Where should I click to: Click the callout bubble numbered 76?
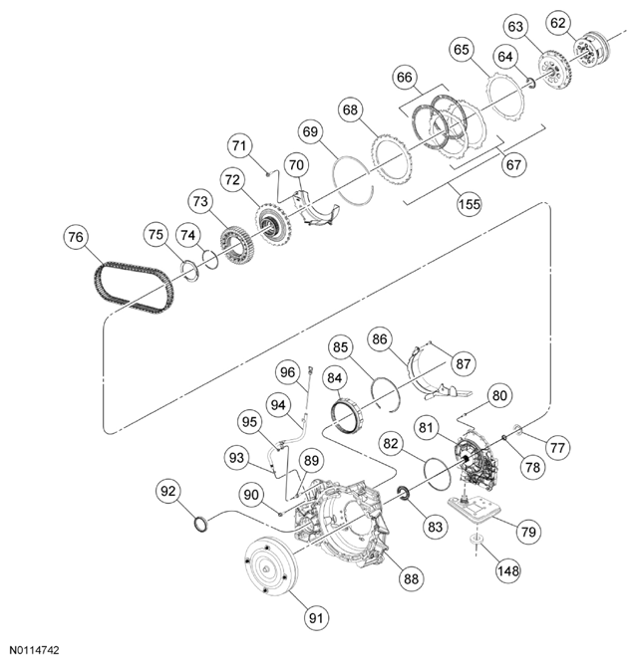point(77,238)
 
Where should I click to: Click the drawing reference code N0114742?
point(33,650)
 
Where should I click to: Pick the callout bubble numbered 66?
point(404,76)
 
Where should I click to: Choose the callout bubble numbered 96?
point(289,373)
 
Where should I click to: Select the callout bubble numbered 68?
point(350,110)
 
